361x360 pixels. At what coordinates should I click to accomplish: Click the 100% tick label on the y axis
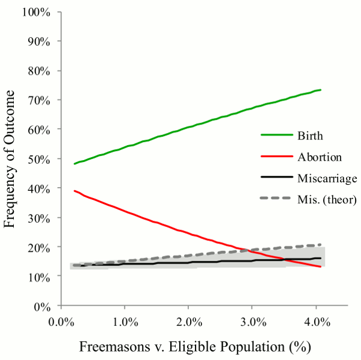point(40,12)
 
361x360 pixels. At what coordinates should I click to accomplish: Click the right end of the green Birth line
point(321,90)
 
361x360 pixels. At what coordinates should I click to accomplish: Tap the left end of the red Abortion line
point(75,191)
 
